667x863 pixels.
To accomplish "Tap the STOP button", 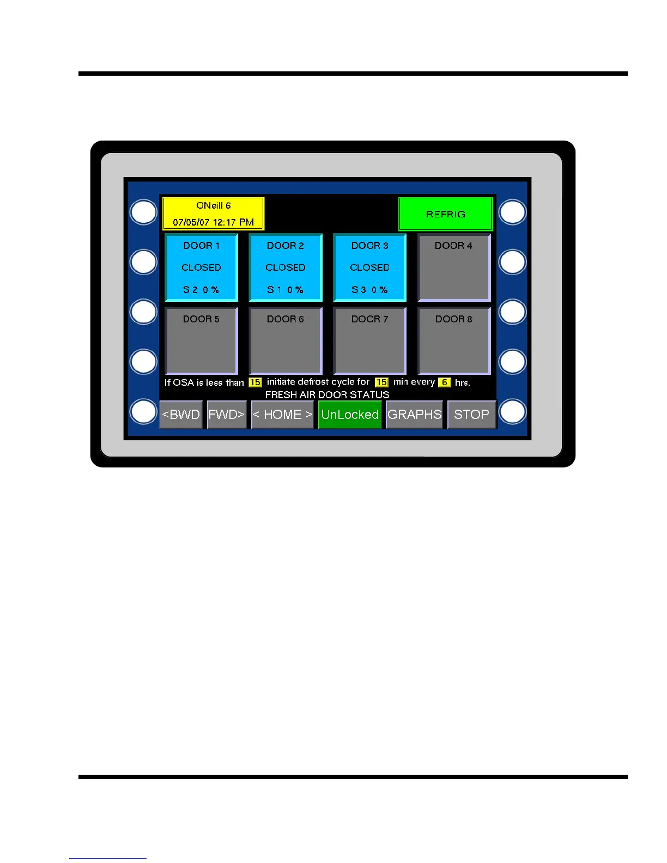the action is point(472,415).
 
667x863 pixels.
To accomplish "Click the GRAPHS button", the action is point(414,415).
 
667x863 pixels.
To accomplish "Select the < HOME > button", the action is point(282,415).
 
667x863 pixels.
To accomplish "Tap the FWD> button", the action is point(227,415).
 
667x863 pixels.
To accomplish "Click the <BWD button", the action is point(181,415).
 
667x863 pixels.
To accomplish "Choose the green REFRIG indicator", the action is point(446,214).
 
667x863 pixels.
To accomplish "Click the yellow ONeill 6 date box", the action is point(214,214).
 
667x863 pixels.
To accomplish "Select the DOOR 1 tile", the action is point(202,268).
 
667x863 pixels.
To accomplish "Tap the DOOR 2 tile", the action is point(286,268).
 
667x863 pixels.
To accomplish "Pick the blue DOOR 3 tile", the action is point(370,268).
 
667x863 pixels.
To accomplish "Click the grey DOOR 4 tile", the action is point(454,268).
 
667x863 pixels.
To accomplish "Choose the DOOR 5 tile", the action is point(202,341).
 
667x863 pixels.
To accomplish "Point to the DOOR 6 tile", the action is point(286,341).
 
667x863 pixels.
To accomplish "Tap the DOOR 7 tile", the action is point(370,341).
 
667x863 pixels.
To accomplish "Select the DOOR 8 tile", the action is point(454,341).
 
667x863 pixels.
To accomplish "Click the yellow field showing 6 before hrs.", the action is point(445,382).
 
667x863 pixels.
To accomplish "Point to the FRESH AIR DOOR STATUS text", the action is point(327,394).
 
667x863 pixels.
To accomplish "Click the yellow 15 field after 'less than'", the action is point(255,382).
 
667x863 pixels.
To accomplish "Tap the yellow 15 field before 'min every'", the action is point(381,382).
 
